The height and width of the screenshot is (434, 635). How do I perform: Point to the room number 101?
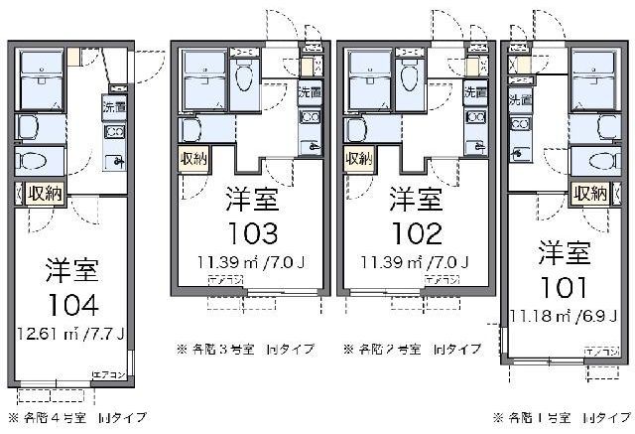(564, 288)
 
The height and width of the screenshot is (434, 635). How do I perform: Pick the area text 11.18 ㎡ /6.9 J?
(562, 316)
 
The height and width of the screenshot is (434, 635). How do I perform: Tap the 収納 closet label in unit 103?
(193, 159)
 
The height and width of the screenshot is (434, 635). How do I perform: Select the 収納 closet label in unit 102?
(359, 159)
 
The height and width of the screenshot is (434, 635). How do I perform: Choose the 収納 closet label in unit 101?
(592, 193)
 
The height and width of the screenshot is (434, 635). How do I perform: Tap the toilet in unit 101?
(598, 161)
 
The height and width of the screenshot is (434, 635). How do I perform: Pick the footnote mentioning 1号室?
(562, 416)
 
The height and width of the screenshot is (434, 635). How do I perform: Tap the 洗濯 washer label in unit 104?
(114, 107)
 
